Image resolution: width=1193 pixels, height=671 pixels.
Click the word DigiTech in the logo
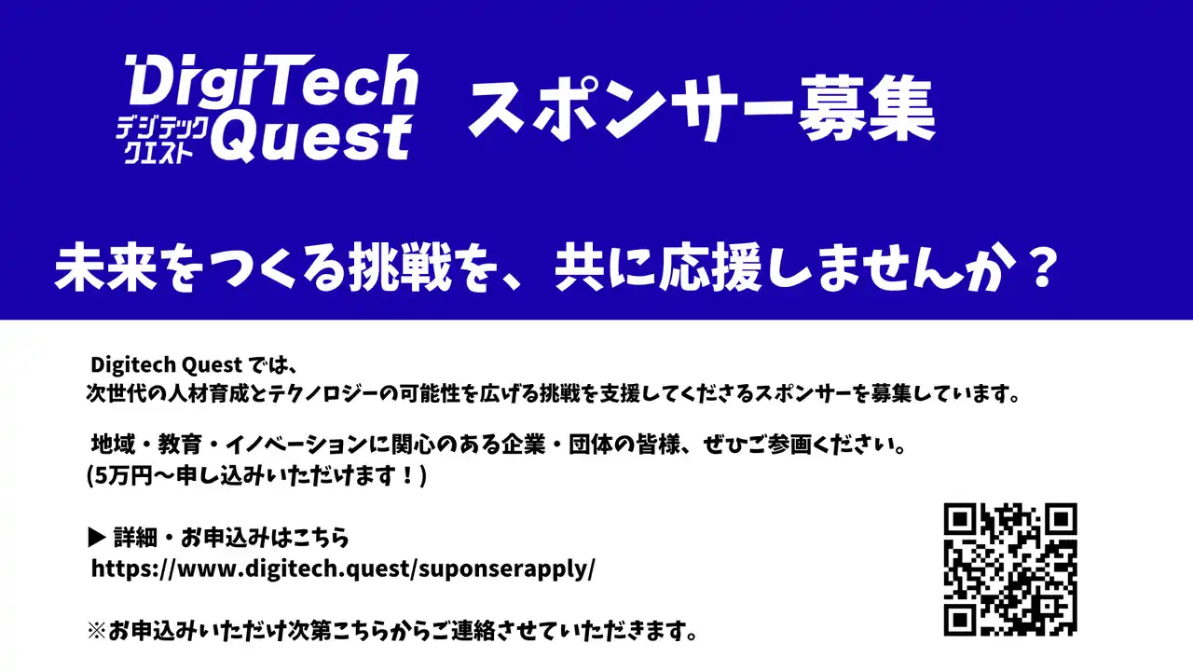271,80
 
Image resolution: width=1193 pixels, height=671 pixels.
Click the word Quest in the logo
311,138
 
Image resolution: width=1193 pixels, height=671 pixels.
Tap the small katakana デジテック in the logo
162,129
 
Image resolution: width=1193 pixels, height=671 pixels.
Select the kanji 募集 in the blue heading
867,109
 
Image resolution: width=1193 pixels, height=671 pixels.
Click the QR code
1010,569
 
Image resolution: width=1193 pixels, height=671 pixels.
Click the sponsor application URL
343,568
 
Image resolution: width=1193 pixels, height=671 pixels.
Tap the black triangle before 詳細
97,538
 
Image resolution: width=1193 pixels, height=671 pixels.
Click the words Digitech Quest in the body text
166,364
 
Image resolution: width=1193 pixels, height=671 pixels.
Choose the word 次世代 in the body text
116,393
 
